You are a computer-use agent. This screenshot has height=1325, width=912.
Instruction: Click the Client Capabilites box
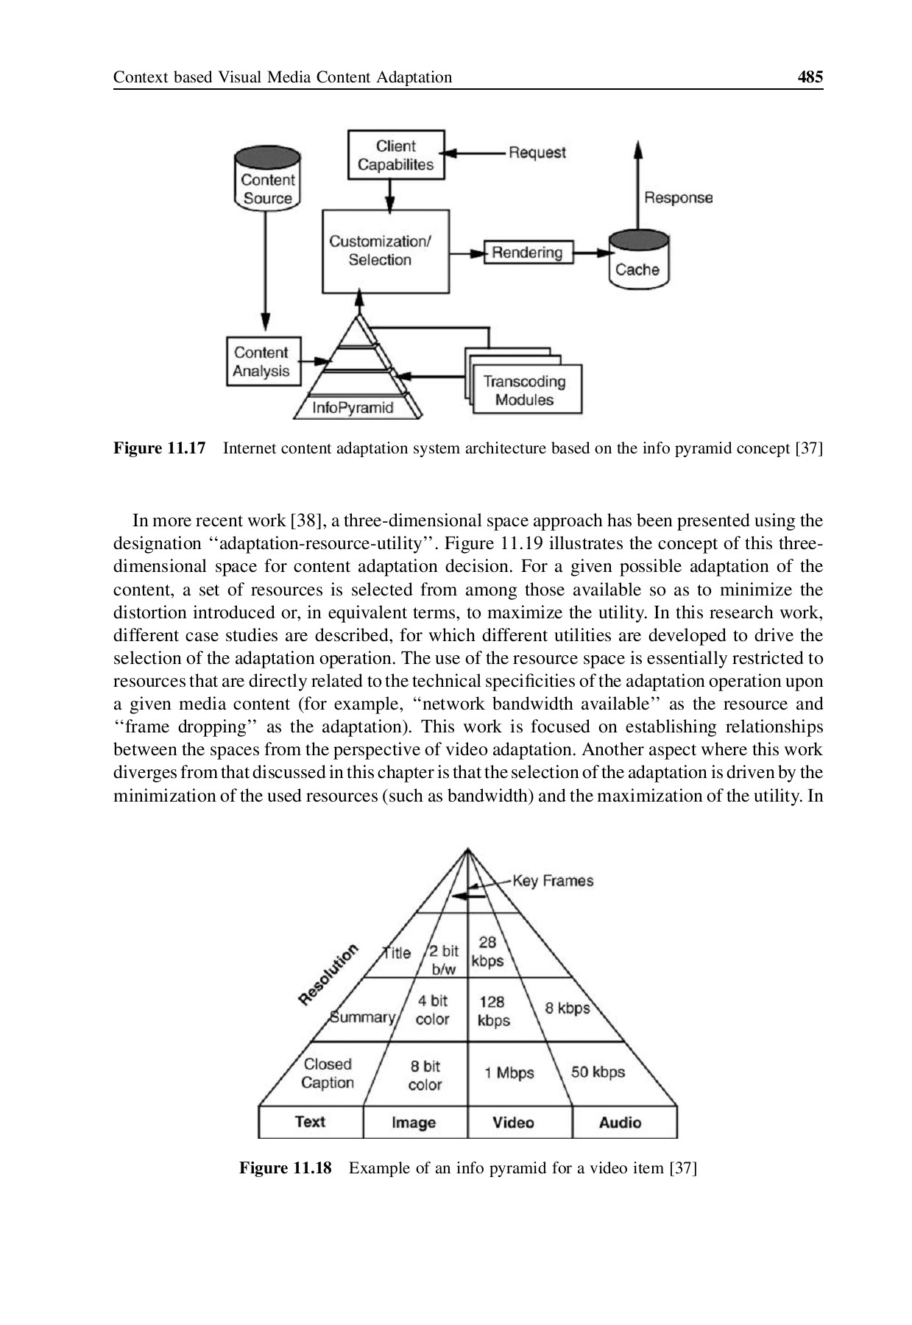click(395, 155)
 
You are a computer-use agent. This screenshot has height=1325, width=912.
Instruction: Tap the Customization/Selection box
click(385, 251)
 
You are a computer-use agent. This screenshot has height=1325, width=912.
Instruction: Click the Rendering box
click(527, 252)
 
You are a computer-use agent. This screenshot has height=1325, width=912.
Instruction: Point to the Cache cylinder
click(637, 262)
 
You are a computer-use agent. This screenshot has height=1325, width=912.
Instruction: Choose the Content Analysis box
click(262, 361)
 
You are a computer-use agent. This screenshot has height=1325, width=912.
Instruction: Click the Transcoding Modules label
click(524, 391)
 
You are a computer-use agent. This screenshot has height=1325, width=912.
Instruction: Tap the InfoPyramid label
click(353, 408)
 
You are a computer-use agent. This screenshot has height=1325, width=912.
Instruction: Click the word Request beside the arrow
click(537, 152)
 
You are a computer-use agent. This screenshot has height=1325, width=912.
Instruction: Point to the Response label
click(678, 197)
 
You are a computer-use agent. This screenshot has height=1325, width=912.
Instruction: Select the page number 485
click(810, 77)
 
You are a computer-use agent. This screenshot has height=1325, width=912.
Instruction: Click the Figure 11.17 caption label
click(159, 448)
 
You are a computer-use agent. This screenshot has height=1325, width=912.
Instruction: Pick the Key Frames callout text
click(552, 880)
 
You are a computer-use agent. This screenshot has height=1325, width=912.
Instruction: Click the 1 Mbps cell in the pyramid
click(509, 1073)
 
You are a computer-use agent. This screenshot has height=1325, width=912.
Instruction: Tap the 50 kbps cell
click(597, 1072)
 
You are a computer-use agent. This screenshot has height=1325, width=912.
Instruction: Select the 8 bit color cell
click(425, 1075)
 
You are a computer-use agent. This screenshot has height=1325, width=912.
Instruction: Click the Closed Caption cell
click(328, 1073)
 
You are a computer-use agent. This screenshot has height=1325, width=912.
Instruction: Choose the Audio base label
click(620, 1123)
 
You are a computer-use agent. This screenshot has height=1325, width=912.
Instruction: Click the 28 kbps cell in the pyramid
click(487, 951)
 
